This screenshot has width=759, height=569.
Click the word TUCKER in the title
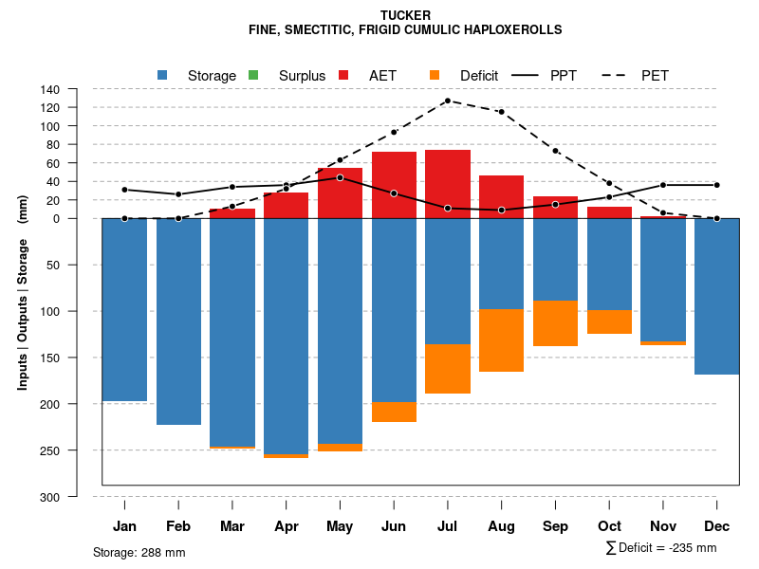click(405, 15)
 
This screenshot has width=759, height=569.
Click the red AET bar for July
click(448, 184)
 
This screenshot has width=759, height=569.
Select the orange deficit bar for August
click(501, 340)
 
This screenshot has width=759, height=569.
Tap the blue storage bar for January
click(124, 309)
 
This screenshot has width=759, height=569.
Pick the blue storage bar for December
click(716, 296)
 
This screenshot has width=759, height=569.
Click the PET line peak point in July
click(447, 101)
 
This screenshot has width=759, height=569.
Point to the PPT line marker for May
click(340, 177)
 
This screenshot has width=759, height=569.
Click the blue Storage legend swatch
click(163, 75)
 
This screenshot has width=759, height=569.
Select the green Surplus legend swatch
click(253, 75)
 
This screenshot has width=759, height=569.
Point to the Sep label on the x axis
click(555, 526)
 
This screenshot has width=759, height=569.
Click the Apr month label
click(286, 526)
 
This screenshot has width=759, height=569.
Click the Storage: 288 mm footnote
click(139, 552)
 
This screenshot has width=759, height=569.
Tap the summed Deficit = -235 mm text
click(661, 547)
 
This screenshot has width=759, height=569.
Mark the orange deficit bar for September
click(555, 322)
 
